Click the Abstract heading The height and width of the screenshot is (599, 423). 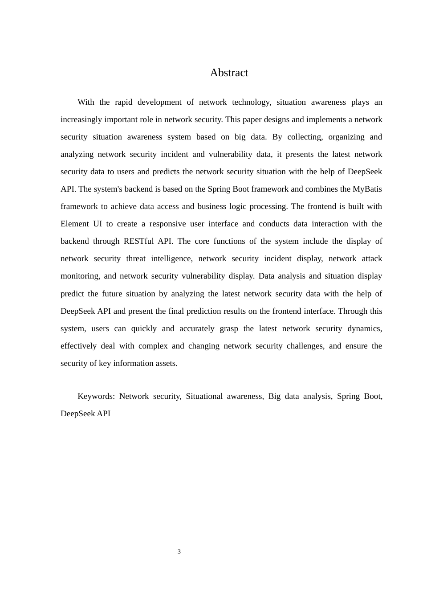click(229, 73)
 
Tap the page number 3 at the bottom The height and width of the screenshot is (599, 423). click(179, 552)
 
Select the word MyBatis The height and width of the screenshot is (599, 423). click(367, 189)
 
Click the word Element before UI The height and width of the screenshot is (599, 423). click(74, 224)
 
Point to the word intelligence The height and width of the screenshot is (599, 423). click(171, 259)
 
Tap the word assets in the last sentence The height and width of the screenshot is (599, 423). click(166, 363)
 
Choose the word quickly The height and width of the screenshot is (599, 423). click(144, 328)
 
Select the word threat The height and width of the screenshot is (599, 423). click(135, 259)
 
